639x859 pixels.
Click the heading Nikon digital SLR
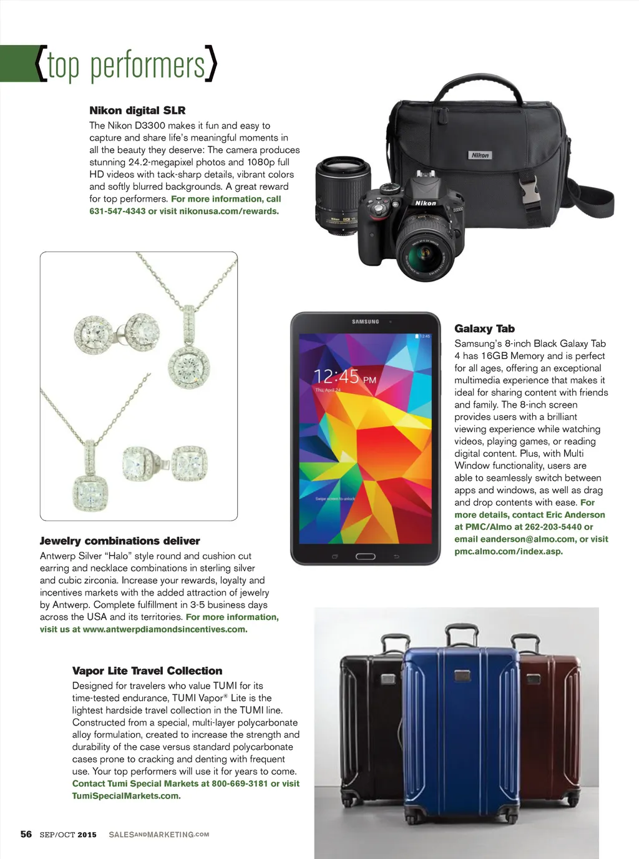pyautogui.click(x=137, y=110)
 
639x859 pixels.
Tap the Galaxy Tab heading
pyautogui.click(x=484, y=328)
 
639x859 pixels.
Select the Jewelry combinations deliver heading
pyautogui.click(x=120, y=541)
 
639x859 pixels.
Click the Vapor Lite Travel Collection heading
pyautogui.click(x=147, y=670)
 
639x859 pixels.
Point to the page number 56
pyautogui.click(x=26, y=834)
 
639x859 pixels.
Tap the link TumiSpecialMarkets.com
pyautogui.click(x=126, y=796)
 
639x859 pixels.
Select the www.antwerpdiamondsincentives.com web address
pyautogui.click(x=165, y=629)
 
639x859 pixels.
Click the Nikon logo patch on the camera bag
pyautogui.click(x=480, y=155)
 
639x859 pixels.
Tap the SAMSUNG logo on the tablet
pyautogui.click(x=365, y=322)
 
